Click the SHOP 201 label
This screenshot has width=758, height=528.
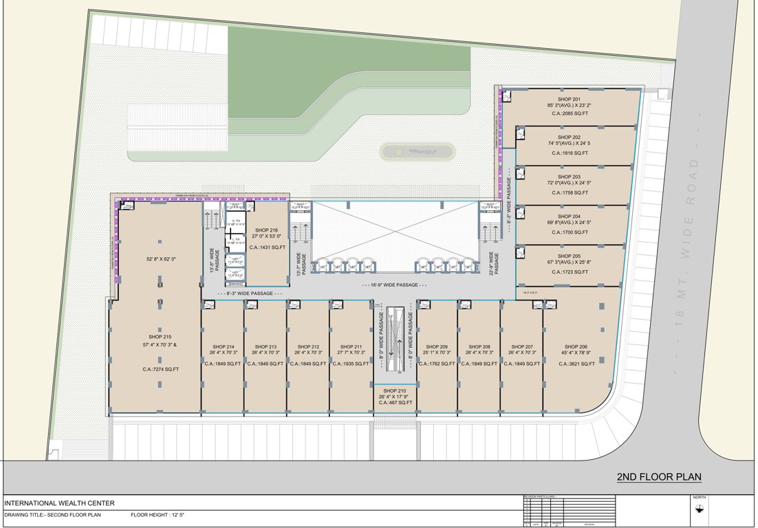coord(569,100)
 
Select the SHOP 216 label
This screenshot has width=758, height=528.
coord(266,230)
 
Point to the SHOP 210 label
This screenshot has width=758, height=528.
coord(396,390)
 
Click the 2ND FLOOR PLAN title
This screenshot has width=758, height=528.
coord(658,477)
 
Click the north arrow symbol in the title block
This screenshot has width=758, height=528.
coord(699,508)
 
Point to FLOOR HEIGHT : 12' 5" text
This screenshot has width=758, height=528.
coord(158,515)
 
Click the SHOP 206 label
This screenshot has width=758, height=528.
coord(576,346)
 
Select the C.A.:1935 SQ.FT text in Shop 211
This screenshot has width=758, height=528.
coord(351,363)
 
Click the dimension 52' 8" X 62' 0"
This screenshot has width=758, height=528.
coord(161,258)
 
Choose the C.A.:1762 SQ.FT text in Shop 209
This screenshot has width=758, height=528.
coord(437,363)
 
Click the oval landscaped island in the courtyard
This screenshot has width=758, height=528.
coord(417,151)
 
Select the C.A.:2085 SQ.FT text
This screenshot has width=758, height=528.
coord(569,114)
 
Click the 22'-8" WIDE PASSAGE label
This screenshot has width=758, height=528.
coord(492,263)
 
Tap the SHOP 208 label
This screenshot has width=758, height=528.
coord(479,346)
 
